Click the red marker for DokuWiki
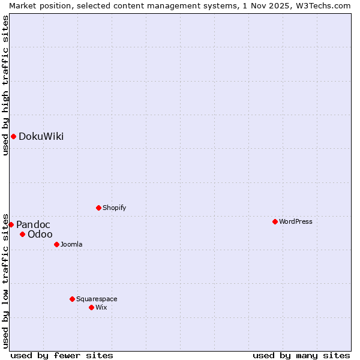[x=13, y=137]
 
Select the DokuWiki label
[x=41, y=137]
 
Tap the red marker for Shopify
[x=98, y=208]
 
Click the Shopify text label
[x=114, y=208]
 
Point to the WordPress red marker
[x=275, y=222]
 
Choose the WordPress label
[x=295, y=222]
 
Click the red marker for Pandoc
[x=11, y=225]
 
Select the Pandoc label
[x=33, y=225]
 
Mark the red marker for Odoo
[x=22, y=235]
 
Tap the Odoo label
[x=40, y=235]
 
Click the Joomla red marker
[x=56, y=245]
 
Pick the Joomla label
[x=71, y=245]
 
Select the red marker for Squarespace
[x=72, y=299]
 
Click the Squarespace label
[x=97, y=299]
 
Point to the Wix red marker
[x=91, y=308]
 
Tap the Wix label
[x=101, y=308]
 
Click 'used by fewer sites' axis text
[x=62, y=356]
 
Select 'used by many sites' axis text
[x=301, y=356]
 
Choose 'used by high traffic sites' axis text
[x=5, y=85]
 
